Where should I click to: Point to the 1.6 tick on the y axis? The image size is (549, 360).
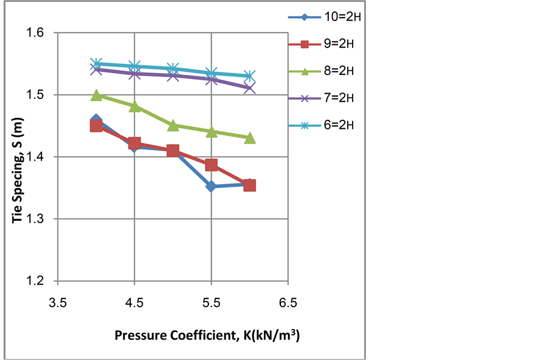(x=40, y=33)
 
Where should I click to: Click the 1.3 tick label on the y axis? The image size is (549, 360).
(x=40, y=219)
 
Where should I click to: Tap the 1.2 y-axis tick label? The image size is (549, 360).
(x=40, y=281)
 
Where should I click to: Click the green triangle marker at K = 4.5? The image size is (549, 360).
(x=134, y=106)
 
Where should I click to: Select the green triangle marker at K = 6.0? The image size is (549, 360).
(x=250, y=138)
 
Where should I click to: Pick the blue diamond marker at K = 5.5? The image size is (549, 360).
(x=211, y=186)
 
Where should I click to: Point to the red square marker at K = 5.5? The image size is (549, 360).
(x=211, y=165)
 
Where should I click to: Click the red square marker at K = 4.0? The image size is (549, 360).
(x=96, y=126)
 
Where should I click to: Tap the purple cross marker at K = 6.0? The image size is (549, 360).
(x=250, y=88)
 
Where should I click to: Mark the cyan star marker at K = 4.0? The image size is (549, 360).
(x=96, y=63)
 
